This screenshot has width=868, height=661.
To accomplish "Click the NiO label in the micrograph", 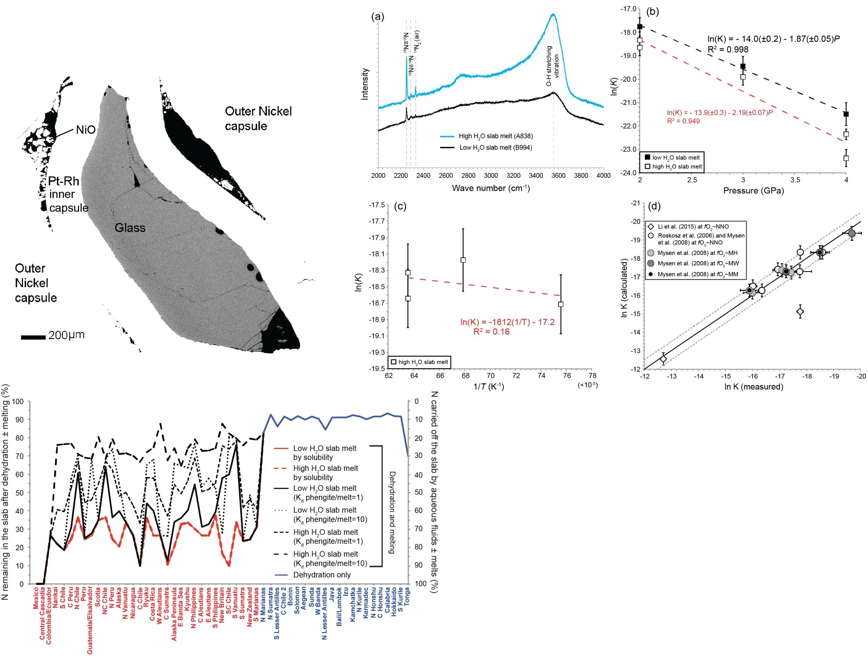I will click(x=85, y=130).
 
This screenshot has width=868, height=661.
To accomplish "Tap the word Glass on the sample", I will click(x=130, y=228).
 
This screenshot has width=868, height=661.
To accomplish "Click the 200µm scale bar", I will click(x=33, y=337).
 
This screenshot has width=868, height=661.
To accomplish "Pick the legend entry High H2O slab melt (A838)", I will click(x=495, y=136).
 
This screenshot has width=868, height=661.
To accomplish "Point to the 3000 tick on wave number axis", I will click(x=491, y=175).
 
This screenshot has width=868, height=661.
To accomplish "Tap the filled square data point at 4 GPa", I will click(x=846, y=114).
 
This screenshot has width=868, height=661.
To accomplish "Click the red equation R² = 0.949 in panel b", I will click(x=683, y=121).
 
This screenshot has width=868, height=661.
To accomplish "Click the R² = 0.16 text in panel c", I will click(x=491, y=332).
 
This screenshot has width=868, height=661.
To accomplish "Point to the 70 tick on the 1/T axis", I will click(x=491, y=376).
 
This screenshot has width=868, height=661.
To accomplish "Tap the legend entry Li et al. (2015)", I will click(x=693, y=226).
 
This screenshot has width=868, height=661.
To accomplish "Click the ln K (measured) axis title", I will click(x=753, y=387).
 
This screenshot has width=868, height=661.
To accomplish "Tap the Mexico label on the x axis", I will click(x=36, y=598).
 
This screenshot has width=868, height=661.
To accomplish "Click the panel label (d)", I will click(x=654, y=206).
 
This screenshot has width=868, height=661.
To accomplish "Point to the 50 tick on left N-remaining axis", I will click(x=19, y=493).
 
